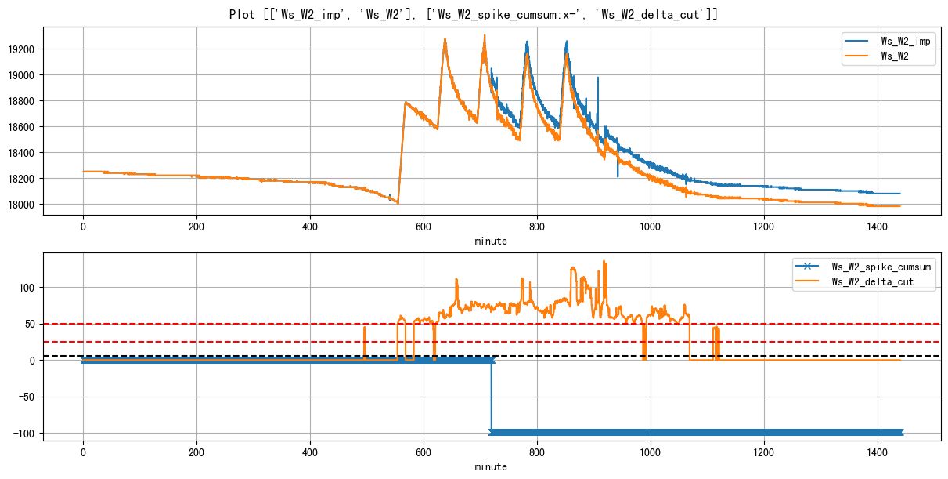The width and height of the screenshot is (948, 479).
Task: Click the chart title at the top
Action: click(474, 14)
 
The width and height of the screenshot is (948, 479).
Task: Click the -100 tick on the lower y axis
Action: click(25, 434)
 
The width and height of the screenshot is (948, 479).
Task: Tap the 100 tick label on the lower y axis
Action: click(28, 287)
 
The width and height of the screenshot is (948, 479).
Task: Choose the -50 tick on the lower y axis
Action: click(27, 397)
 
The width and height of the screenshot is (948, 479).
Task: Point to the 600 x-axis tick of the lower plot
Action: click(424, 453)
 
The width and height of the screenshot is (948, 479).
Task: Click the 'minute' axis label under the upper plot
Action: click(491, 241)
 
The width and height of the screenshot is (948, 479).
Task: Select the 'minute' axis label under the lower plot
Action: click(491, 467)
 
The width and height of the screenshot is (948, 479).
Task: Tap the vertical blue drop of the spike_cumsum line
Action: click(492, 396)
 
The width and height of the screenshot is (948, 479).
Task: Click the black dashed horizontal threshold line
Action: click(235, 356)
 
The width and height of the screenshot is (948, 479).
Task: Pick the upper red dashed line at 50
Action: click(235, 324)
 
